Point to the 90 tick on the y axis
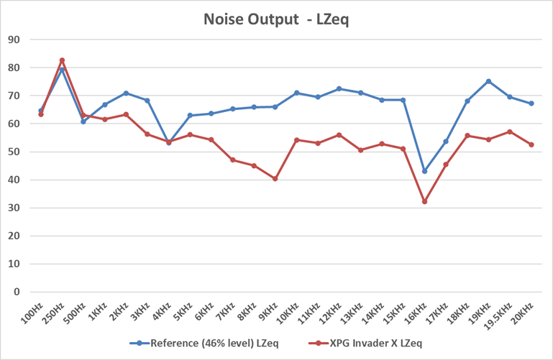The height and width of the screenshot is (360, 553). [x=13, y=40]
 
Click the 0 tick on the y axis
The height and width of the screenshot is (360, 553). [x=16, y=292]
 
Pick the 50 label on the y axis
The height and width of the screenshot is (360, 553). [x=13, y=152]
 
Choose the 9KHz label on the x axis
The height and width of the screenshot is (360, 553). [x=268, y=311]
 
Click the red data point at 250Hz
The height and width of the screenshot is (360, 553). [x=62, y=60]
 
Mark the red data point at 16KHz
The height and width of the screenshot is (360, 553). [x=424, y=202]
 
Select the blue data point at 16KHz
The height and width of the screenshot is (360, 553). [x=424, y=171]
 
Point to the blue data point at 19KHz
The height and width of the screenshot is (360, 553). [x=488, y=81]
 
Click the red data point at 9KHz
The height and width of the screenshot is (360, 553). [x=275, y=178]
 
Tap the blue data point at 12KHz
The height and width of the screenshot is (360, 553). [x=339, y=89]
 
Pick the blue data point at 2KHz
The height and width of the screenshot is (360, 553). [x=126, y=93]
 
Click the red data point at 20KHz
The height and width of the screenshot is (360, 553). [x=531, y=144]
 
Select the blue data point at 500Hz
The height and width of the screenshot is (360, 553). [x=83, y=121]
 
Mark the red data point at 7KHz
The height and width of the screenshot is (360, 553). [x=232, y=160]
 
